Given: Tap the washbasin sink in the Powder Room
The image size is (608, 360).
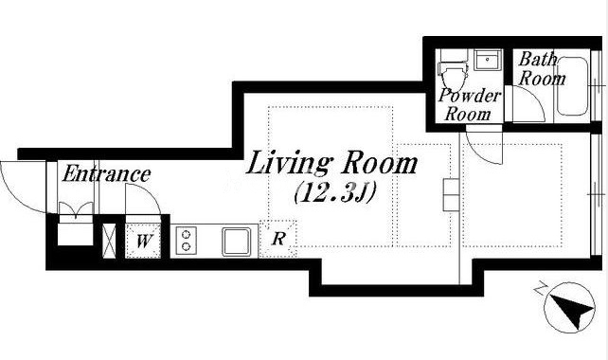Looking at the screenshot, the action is tap(488, 60).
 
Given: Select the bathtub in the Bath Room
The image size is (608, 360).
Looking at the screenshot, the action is tap(572, 86).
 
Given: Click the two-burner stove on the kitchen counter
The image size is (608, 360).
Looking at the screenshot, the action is tap(187, 241).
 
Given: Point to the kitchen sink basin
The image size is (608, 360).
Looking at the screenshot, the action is tap(236, 242).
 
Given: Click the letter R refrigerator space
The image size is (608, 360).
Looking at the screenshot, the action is tap(278, 238).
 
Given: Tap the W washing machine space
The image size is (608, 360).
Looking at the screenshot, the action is tap(143, 242).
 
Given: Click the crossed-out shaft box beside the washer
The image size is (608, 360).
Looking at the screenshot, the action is tap(109, 240).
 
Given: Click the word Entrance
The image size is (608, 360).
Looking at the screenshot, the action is tap(106, 173).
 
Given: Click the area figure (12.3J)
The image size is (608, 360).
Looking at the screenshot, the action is tap(334, 193).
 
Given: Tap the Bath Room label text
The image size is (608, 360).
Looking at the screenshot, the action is tap(542, 69).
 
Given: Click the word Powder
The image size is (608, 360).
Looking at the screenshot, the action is tap(470, 96).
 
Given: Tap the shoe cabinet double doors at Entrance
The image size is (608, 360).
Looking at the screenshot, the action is tap(76, 209).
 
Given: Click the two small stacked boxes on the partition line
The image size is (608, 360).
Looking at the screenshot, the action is tap(452, 195).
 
